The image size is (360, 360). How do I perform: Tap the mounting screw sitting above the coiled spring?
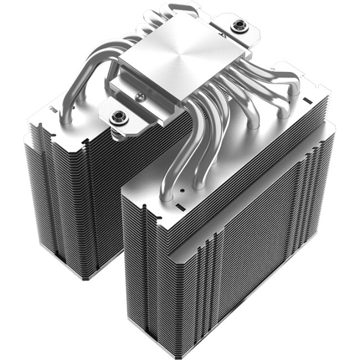point(118,116)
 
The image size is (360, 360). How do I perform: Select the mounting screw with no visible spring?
point(239,25)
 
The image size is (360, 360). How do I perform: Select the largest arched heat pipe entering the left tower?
point(83,78)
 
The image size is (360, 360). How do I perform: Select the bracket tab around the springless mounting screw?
point(235,30)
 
